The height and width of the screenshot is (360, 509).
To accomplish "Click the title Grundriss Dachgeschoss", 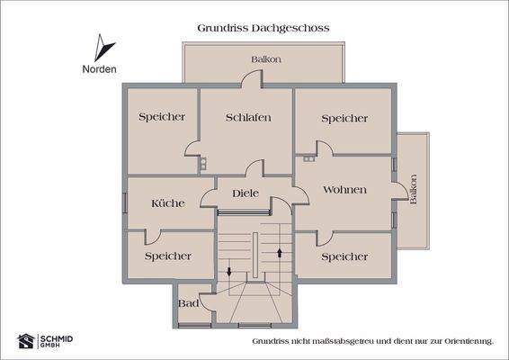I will (263, 28).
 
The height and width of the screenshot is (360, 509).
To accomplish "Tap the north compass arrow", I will (105, 48).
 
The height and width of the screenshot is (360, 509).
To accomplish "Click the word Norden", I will (99, 68).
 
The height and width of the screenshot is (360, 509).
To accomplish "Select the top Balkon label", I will (266, 59).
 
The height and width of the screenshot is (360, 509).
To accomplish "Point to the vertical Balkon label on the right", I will (414, 190).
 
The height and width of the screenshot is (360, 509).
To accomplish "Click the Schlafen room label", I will (248, 118).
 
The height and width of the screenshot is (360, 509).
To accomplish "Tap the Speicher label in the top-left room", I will (162, 117).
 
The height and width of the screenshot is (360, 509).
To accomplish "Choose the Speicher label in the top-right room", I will (344, 118).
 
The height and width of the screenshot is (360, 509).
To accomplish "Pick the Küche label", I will (167, 203).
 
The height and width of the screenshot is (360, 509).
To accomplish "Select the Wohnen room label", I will (344, 190).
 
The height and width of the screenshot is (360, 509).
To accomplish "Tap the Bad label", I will (189, 303).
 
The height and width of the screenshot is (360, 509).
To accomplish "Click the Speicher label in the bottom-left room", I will (168, 256).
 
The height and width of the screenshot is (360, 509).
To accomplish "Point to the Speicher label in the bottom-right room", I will (344, 256).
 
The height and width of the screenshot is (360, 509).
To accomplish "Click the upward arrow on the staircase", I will (281, 252).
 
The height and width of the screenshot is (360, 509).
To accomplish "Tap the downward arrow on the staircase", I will (228, 270).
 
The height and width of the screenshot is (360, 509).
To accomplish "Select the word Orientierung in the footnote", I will (467, 342).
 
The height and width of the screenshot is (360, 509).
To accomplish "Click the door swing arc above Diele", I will (254, 168).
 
